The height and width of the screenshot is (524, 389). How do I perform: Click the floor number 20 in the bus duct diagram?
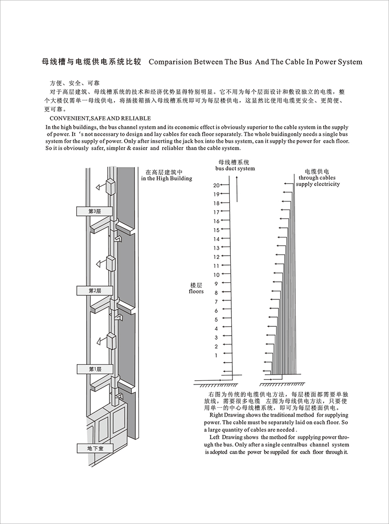coord(216,185)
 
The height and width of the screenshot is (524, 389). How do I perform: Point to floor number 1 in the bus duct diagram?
coord(216,355)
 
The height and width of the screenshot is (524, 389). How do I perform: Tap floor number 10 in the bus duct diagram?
coord(216,274)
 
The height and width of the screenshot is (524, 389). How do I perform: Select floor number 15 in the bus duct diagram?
coord(216,230)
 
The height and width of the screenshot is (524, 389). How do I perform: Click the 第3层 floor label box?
coord(94,211)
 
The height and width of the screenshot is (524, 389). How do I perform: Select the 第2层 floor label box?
coord(94,291)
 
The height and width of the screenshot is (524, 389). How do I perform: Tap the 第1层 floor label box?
coord(94,369)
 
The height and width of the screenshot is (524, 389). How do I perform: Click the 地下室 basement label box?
coord(94,448)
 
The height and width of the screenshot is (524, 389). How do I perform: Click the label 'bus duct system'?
coord(235,169)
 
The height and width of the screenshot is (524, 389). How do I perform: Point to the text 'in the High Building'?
coord(166,178)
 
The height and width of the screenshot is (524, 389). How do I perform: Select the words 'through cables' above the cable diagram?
coord(317,177)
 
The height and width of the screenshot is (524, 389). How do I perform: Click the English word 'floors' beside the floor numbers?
coord(196,292)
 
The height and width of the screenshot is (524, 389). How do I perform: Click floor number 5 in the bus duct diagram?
coord(216,319)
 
